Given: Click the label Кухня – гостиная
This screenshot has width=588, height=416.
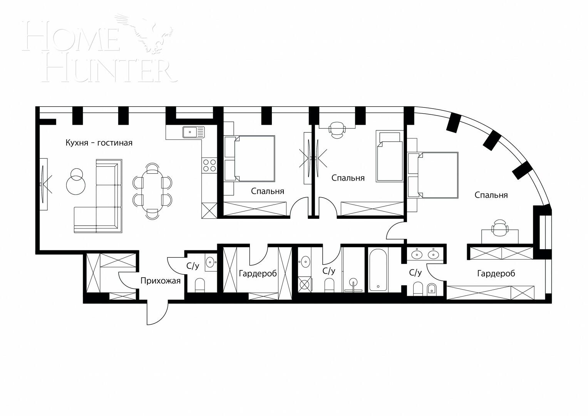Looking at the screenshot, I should point(99,143).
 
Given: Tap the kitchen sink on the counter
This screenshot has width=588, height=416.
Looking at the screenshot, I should point(193,132).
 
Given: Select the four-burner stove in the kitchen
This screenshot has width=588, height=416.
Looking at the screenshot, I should point(209,165).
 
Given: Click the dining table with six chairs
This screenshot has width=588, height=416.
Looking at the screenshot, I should point(152,191).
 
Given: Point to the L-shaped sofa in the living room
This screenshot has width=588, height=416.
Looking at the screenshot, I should point(101,200).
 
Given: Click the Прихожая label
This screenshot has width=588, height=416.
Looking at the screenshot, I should point(160,281).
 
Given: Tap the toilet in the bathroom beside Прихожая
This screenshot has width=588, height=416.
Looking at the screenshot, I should point(200,285).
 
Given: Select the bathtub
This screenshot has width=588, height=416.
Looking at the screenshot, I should point(379,270).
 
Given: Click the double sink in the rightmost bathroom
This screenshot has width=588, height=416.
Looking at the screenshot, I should point(425,254).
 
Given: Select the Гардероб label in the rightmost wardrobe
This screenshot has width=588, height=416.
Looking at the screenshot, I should point(496,273).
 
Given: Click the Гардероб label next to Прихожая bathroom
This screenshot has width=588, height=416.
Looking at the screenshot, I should point(258,273).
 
